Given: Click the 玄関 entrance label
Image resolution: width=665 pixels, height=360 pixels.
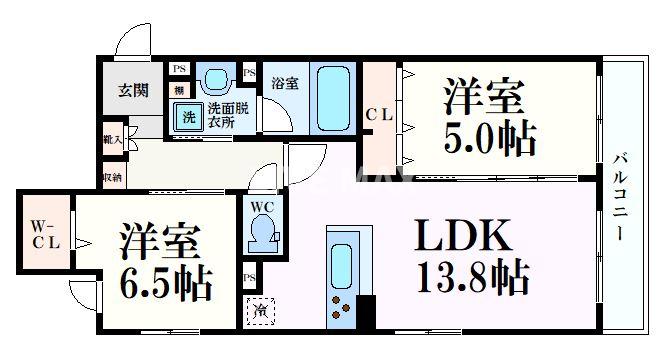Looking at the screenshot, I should click(133, 91).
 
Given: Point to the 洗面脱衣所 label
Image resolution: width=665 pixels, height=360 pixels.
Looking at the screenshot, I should click(228, 115).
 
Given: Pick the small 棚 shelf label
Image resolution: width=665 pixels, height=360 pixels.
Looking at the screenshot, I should click(178, 90).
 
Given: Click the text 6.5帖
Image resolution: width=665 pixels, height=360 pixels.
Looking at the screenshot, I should click(167, 286).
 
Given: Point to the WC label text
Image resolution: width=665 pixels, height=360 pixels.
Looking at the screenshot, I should click(262, 207).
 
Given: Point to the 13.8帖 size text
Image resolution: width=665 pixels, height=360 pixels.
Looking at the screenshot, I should click(473, 279).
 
